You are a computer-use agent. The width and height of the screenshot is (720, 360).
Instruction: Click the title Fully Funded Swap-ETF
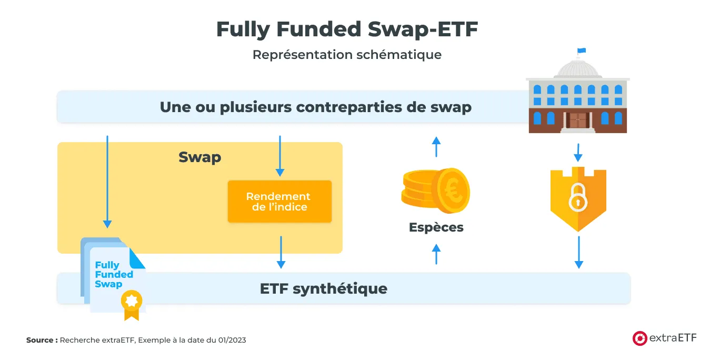347,29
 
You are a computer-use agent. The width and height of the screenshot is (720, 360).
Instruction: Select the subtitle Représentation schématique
347,55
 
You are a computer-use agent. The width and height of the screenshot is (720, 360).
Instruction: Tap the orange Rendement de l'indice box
279,202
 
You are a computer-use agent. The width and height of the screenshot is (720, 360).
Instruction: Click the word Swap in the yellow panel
199,157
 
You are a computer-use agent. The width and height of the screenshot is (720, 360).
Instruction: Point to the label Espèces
436,227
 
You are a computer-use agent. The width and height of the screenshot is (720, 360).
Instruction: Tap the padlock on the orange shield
577,197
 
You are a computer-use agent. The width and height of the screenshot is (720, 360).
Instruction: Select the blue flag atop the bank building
581,51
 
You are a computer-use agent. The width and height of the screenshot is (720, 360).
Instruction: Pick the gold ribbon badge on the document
131,303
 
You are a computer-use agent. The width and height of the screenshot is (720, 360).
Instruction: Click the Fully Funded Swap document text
114,274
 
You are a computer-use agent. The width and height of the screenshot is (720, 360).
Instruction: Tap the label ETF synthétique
323,288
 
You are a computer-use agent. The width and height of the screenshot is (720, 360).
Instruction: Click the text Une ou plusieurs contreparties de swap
315,107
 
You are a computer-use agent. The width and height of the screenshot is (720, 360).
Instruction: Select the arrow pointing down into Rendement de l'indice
280,156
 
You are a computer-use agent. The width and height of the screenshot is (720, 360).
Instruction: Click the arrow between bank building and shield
577,152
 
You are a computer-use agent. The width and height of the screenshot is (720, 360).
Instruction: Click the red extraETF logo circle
639,338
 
